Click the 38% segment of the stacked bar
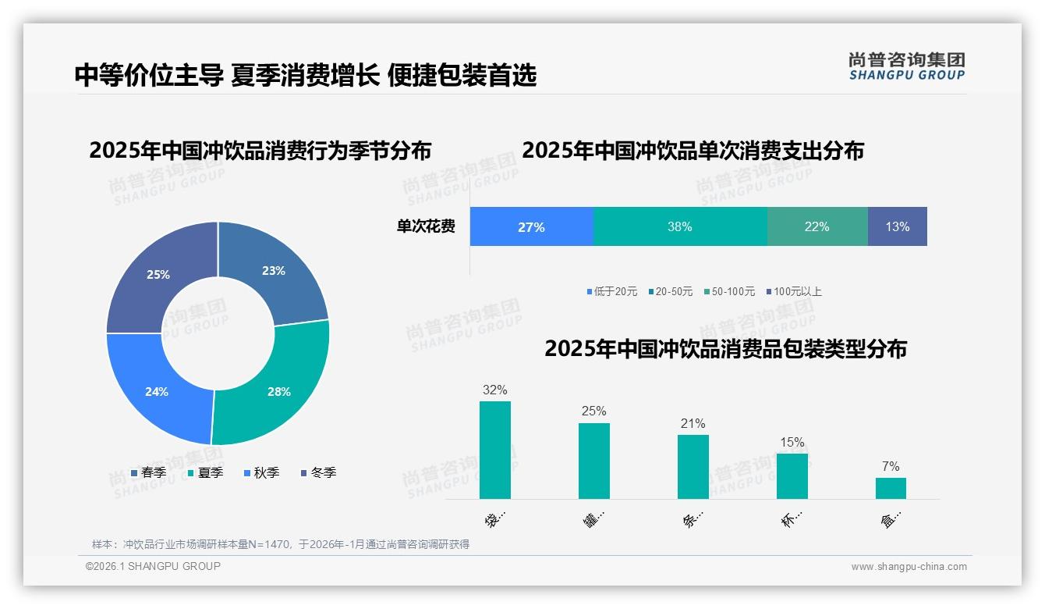click(680, 226)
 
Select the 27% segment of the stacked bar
click(531, 226)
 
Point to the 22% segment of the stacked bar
click(817, 226)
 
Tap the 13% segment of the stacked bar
click(897, 226)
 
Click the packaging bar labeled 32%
click(495, 450)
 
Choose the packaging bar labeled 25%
click(594, 461)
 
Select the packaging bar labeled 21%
click(693, 467)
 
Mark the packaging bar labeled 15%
click(792, 475)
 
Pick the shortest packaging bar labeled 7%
click(891, 488)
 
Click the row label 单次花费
click(426, 227)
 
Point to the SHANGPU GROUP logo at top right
click(906, 66)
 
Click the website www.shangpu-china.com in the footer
click(909, 567)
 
